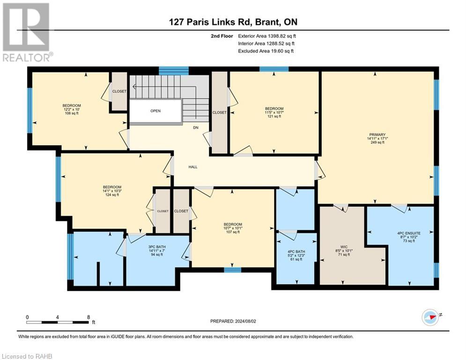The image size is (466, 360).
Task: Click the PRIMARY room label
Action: click(377, 135)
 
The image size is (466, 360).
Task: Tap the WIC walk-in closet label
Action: click(344, 247)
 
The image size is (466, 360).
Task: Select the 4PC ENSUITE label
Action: click(409, 233)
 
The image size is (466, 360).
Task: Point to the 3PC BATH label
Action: click(157, 247)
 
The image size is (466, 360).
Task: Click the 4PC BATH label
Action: click(296, 252)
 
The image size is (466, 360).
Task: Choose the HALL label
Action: click(193, 167)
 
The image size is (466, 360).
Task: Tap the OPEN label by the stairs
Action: click(155, 111)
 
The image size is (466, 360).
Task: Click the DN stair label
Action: click(196, 127)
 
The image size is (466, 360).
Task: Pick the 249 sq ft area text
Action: click(377, 142)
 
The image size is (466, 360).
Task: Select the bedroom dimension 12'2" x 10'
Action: click(72, 109)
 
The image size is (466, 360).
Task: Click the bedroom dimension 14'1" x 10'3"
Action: click(112, 191)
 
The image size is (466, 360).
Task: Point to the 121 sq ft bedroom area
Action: click(274, 116)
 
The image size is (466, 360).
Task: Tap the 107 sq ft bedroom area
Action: click(233, 232)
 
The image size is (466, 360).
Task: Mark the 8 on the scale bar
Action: click(89, 317)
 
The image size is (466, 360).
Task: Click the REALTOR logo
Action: click(27, 32)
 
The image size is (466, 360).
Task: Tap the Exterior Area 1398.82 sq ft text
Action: click(267, 36)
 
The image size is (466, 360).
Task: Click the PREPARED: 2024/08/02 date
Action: click(233, 321)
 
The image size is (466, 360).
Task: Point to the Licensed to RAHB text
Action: click(27, 356)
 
